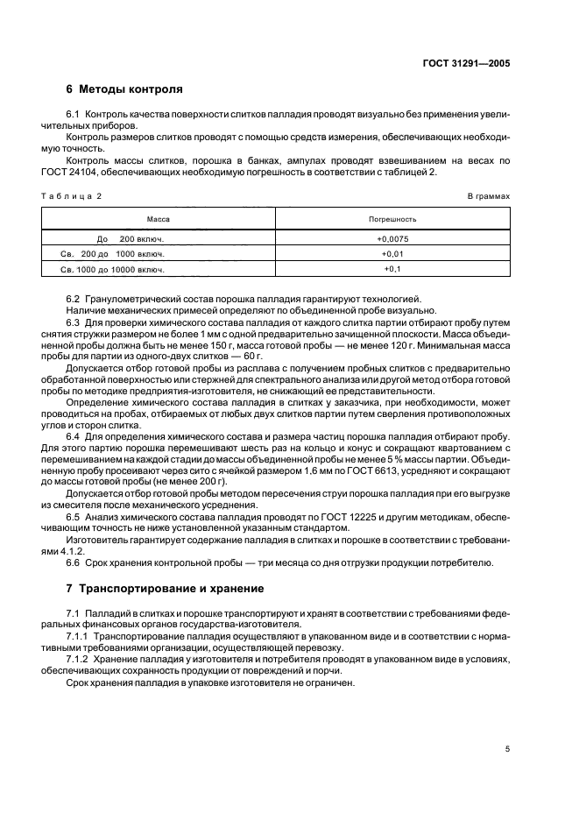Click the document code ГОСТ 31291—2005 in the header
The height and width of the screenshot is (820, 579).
468,64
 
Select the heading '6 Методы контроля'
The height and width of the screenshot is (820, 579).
124,89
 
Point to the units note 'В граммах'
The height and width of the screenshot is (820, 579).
489,196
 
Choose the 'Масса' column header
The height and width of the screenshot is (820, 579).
158,219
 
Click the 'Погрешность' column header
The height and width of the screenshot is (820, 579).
392,219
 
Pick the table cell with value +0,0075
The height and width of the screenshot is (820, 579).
392,238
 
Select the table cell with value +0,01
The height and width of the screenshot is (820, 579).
392,253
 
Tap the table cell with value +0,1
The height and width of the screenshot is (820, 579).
392,269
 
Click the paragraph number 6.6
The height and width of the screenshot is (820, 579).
74,562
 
